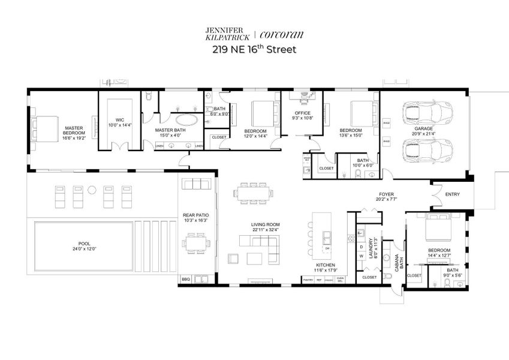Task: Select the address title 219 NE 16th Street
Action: pos(254,50)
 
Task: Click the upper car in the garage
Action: pos(427,112)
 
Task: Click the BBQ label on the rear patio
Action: pos(185,280)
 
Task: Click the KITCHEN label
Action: pos(326,265)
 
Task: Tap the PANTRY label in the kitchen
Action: pos(308,280)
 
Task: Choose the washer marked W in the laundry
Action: pos(361,256)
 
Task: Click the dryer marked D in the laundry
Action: pos(361,246)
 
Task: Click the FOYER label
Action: pos(385,194)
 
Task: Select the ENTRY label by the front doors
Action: pos(453,194)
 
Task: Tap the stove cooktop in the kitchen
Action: pos(351,238)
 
